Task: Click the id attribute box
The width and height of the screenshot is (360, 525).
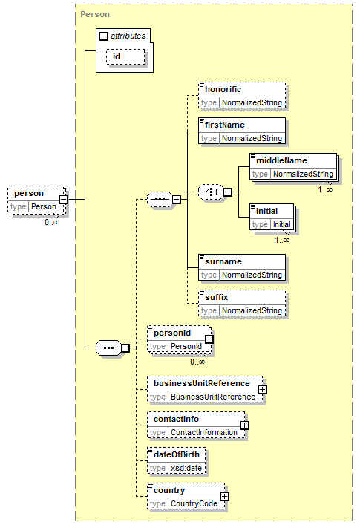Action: pyautogui.click(x=125, y=56)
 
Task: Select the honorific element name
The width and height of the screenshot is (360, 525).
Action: pyautogui.click(x=223, y=89)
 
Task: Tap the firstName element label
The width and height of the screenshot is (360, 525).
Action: pyautogui.click(x=224, y=125)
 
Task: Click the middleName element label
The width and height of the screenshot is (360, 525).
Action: pyautogui.click(x=281, y=160)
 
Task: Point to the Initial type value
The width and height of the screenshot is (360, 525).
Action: pyautogui.click(x=282, y=224)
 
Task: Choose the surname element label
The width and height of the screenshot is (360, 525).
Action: pyautogui.click(x=223, y=261)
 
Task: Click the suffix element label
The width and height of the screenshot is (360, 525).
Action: pyautogui.click(x=216, y=297)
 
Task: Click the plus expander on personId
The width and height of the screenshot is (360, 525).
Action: pyautogui.click(x=209, y=339)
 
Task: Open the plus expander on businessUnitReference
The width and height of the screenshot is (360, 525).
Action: pyautogui.click(x=263, y=390)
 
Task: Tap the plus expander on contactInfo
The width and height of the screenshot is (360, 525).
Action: pyautogui.click(x=245, y=425)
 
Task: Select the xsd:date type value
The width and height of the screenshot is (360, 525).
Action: pyautogui.click(x=186, y=468)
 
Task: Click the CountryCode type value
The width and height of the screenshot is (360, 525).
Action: pyautogui.click(x=194, y=504)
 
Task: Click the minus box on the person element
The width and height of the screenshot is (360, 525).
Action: pyautogui.click(x=64, y=200)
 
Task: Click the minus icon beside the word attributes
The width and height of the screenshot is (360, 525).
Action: pyautogui.click(x=104, y=36)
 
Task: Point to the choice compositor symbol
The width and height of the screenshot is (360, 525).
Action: pyautogui.click(x=211, y=192)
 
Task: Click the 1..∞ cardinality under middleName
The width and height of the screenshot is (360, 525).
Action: pyautogui.click(x=325, y=190)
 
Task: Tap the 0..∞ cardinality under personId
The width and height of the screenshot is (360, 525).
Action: pyautogui.click(x=197, y=362)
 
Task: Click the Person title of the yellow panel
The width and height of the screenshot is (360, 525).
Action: pyautogui.click(x=95, y=14)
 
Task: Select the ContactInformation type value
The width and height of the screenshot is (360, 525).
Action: pyautogui.click(x=204, y=433)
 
